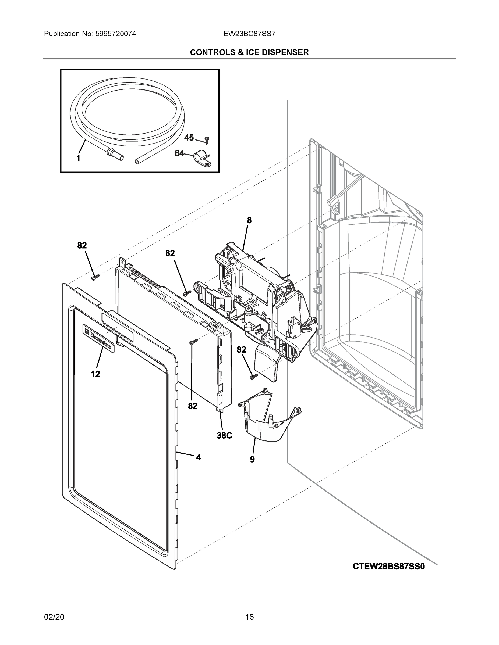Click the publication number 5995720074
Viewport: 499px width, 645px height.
pyautogui.click(x=116, y=34)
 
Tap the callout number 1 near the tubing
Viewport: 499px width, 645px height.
pyautogui.click(x=78, y=159)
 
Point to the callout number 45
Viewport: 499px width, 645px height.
pyautogui.click(x=189, y=138)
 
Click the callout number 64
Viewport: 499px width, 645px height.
pyautogui.click(x=179, y=153)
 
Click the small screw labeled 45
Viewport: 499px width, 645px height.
pyautogui.click(x=207, y=139)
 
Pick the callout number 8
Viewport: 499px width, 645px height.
pyautogui.click(x=249, y=220)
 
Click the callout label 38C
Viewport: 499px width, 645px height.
pyautogui.click(x=224, y=435)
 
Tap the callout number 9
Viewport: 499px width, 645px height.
pyautogui.click(x=252, y=459)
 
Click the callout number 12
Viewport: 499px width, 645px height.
pyautogui.click(x=95, y=374)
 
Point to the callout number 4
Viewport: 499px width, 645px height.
pyautogui.click(x=198, y=457)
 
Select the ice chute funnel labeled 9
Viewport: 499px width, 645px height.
pyautogui.click(x=263, y=419)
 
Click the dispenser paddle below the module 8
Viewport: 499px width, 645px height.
pyautogui.click(x=268, y=362)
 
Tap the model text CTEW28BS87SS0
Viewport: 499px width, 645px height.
pyautogui.click(x=388, y=567)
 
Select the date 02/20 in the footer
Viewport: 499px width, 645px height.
pyautogui.click(x=54, y=617)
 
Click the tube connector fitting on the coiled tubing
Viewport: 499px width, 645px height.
pyautogui.click(x=114, y=153)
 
